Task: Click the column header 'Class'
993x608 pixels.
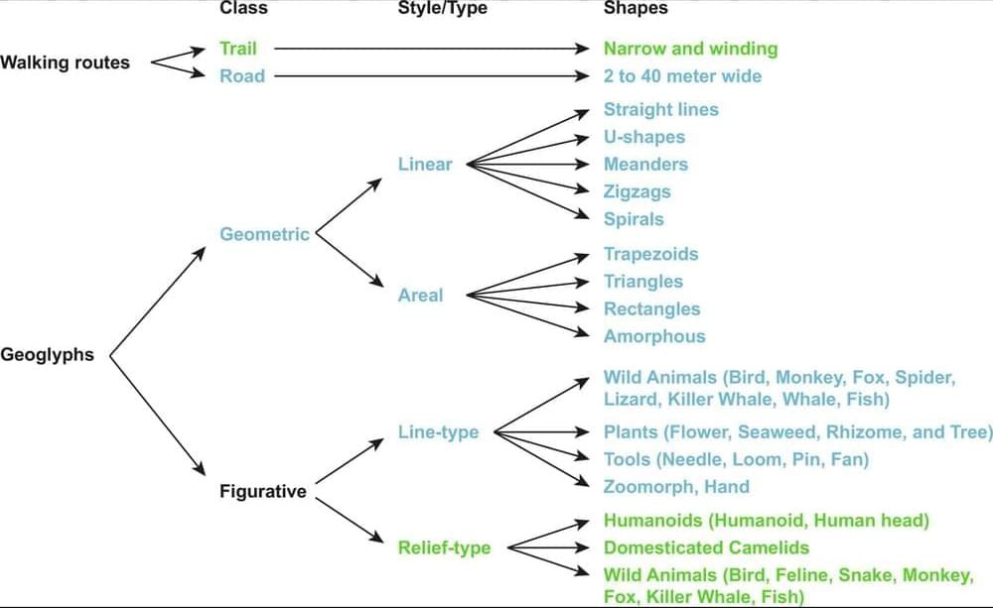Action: [x=243, y=8]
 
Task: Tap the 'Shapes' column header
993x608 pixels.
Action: [x=636, y=8]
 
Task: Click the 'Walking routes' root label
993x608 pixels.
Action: [x=65, y=62]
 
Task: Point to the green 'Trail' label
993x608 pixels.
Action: [x=238, y=48]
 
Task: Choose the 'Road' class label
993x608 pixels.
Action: [x=242, y=75]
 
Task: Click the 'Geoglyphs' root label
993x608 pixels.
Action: [x=47, y=355]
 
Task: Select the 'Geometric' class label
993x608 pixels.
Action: [x=264, y=234]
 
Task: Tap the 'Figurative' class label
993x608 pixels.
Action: [x=263, y=492]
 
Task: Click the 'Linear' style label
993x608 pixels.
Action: [x=425, y=164]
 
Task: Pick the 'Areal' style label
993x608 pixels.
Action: [x=421, y=295]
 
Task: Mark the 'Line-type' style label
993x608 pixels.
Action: [x=438, y=431]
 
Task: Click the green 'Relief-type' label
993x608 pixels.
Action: [x=444, y=547]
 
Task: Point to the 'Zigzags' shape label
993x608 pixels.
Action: [x=638, y=191]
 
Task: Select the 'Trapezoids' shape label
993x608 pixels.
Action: [x=650, y=254]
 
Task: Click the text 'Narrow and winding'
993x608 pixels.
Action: [x=690, y=48]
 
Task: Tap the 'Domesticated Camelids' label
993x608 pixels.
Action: [x=706, y=547]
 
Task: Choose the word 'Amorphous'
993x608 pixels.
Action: [x=654, y=336]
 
